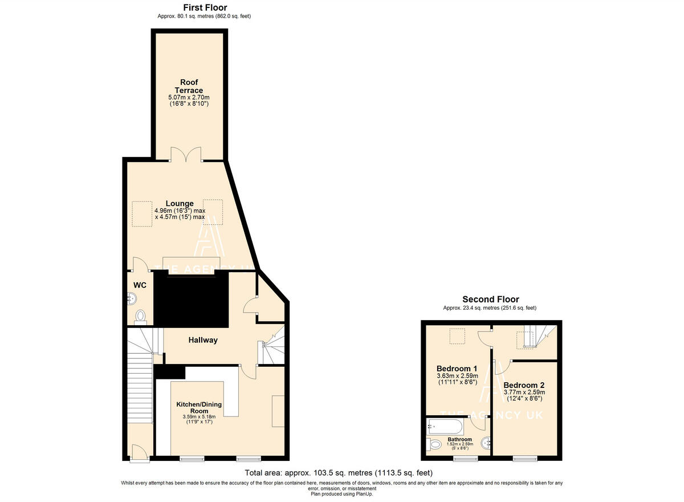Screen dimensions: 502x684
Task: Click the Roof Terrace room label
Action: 189,86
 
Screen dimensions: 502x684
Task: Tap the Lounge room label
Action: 180,203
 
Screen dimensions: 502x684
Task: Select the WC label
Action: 140,285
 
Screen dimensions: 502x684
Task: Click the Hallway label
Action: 203,340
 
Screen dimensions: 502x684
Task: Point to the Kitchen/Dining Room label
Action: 199,407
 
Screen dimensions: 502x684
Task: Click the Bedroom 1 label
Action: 457,368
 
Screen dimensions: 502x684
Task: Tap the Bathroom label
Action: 459,439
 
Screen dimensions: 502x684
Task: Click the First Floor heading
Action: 205,7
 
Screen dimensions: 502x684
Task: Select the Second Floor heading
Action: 490,299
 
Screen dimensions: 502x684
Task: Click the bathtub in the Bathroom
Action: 447,425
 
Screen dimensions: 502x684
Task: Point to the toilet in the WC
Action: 140,317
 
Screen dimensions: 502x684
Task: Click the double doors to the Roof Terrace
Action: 186,155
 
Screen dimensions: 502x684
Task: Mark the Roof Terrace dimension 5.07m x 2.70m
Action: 189,98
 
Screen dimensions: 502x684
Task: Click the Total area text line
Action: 339,472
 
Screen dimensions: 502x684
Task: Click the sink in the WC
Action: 131,298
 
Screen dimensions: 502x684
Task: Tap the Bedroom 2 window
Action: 524,458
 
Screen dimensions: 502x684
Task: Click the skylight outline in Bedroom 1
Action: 457,337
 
